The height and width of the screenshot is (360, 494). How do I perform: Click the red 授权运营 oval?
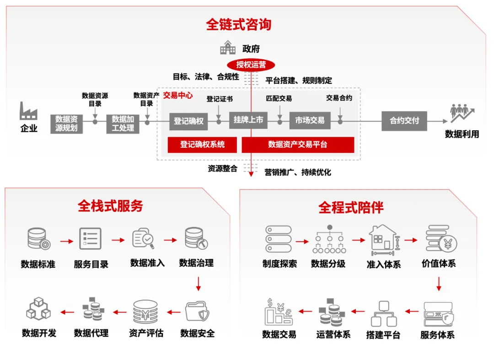click(251, 65)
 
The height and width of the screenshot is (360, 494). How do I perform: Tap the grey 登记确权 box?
click(188, 121)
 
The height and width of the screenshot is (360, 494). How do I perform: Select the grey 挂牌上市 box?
click(248, 120)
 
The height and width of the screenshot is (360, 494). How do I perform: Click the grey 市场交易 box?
click(310, 120)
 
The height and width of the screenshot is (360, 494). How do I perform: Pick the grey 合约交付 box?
click(404, 121)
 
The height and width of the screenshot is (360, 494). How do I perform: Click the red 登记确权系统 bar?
click(202, 145)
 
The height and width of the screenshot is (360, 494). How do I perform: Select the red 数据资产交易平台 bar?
click(298, 145)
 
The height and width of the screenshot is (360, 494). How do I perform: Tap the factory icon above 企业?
click(28, 111)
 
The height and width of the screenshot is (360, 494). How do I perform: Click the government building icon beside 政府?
click(228, 48)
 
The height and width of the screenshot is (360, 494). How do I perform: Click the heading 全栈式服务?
click(110, 206)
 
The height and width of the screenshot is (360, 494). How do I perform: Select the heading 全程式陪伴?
click(351, 208)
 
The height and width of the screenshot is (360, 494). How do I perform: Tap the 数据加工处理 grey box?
click(123, 124)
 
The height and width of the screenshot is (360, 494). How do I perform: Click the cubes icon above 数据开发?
click(38, 308)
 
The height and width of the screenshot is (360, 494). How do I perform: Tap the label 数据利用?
click(462, 134)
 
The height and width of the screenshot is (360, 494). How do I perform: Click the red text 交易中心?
click(178, 96)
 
